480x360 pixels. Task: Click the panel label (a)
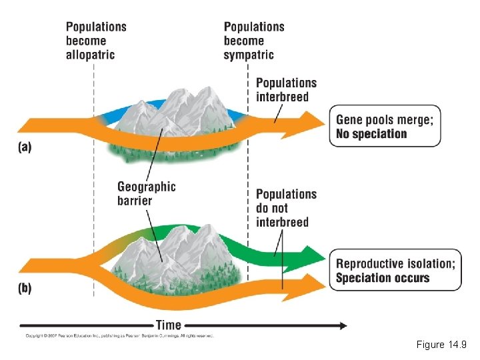point(24,147)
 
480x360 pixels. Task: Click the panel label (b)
point(25,290)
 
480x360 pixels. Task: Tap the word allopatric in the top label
point(90,54)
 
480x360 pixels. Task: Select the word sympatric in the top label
point(249,54)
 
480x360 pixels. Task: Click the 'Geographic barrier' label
point(146,193)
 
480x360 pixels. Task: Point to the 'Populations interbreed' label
point(286,90)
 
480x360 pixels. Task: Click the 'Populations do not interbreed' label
point(286,207)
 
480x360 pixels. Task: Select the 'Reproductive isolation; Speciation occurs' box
point(395,270)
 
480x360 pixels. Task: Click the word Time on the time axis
point(169,325)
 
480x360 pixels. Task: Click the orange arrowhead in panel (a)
point(310,125)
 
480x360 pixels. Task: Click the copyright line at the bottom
point(120,336)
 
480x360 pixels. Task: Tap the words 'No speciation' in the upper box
point(371,134)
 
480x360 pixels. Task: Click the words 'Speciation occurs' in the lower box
point(383,278)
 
